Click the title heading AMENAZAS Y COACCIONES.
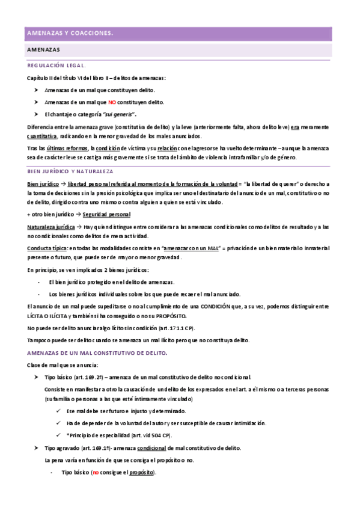(x=70, y=33)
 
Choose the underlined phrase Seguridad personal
(x=106, y=215)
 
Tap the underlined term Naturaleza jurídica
(x=51, y=227)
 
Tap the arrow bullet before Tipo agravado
(x=36, y=448)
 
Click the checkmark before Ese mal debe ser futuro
(x=56, y=411)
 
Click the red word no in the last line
(x=95, y=473)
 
